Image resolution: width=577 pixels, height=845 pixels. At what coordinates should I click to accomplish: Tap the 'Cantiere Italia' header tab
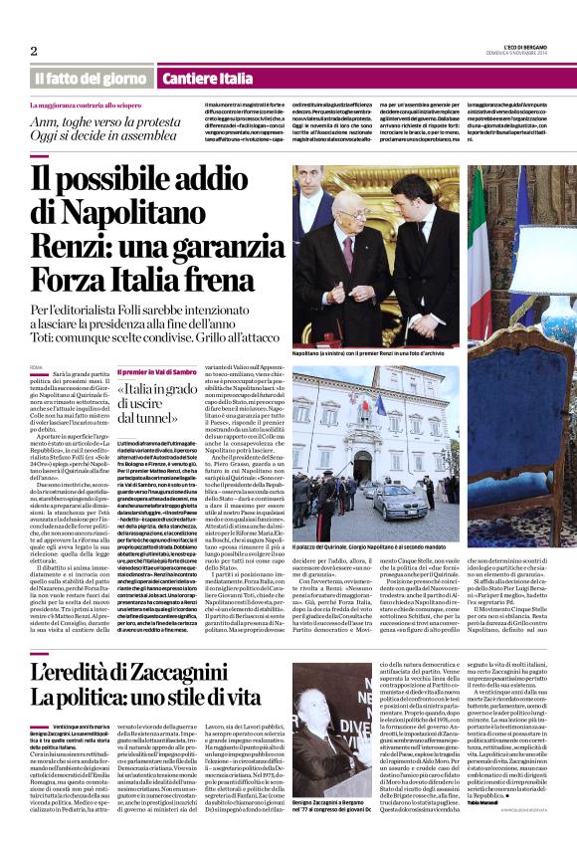(180, 77)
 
